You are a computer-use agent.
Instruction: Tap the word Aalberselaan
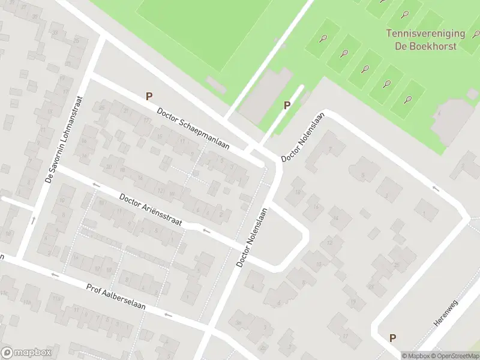131,298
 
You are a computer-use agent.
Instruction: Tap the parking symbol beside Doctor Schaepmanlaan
149,95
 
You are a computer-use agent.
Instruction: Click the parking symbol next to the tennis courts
287,105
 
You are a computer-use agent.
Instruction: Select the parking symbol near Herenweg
392,338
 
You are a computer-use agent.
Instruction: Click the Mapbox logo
26,352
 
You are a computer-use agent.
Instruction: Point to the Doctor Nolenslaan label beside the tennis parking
303,137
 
